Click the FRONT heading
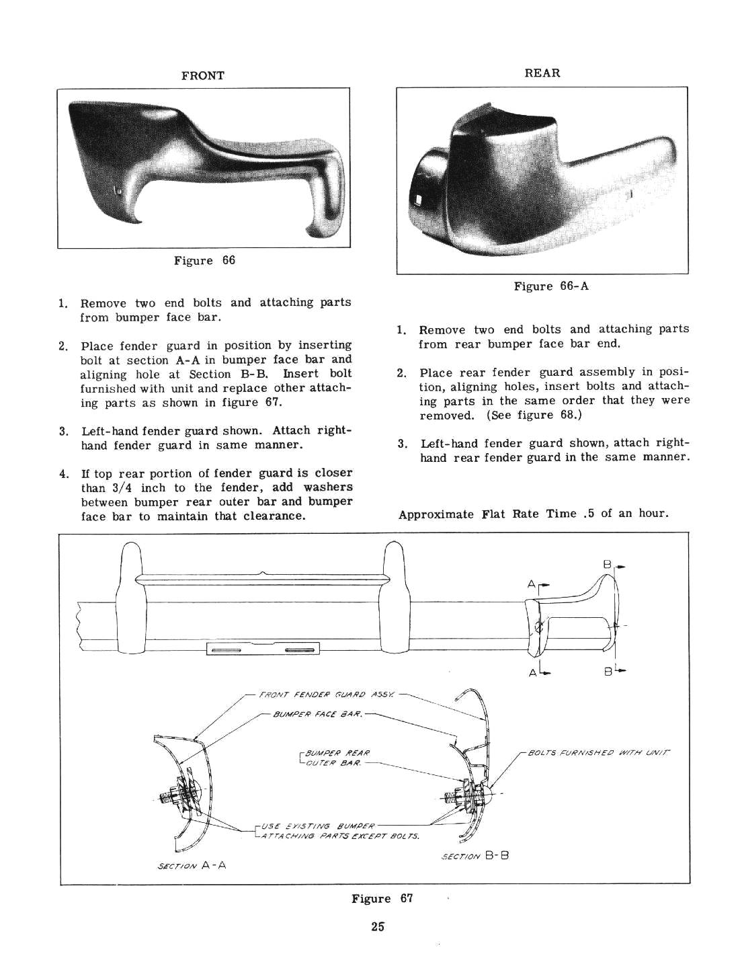point(203,76)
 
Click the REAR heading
point(542,73)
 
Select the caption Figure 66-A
point(551,286)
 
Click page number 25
point(376,926)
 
